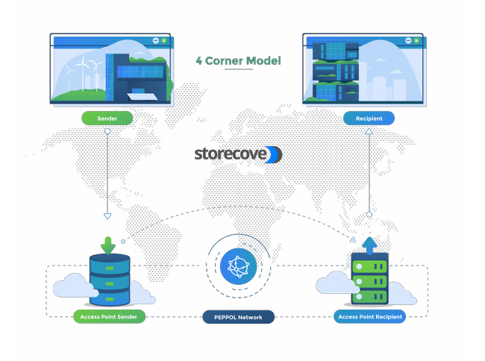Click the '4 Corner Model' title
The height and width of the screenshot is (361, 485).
pos(238,60)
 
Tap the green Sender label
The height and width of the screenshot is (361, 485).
pos(107,118)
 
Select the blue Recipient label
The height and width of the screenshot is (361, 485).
pos(369,118)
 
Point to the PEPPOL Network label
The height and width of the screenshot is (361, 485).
pos(238,317)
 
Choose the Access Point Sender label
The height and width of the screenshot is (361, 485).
pos(110,317)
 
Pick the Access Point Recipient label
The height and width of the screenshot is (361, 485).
pos(370,316)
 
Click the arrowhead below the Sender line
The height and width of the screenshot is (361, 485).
pos(107,216)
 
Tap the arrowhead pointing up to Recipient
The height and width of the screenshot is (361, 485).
pos(369,131)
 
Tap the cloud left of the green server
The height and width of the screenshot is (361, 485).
pos(333,283)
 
